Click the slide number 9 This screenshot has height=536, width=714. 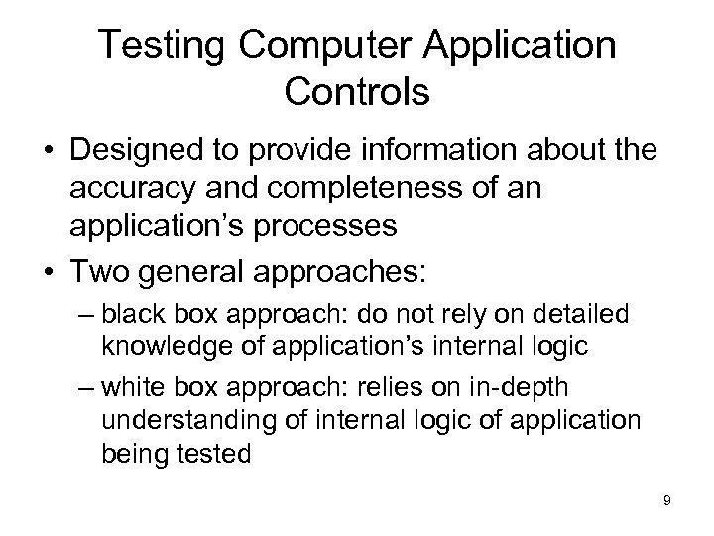click(x=667, y=501)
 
